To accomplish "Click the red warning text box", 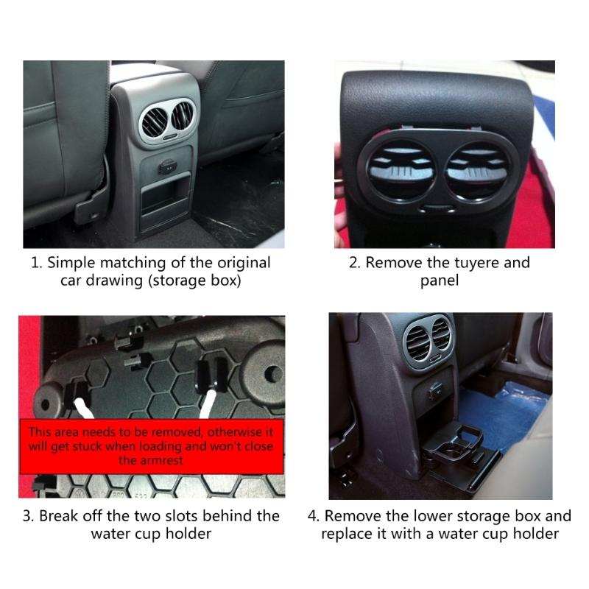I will point(151,446).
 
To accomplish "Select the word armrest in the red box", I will point(150,460).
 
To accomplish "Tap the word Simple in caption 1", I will point(71,263).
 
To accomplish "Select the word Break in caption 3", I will point(60,515).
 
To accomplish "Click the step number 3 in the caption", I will point(27,515).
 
